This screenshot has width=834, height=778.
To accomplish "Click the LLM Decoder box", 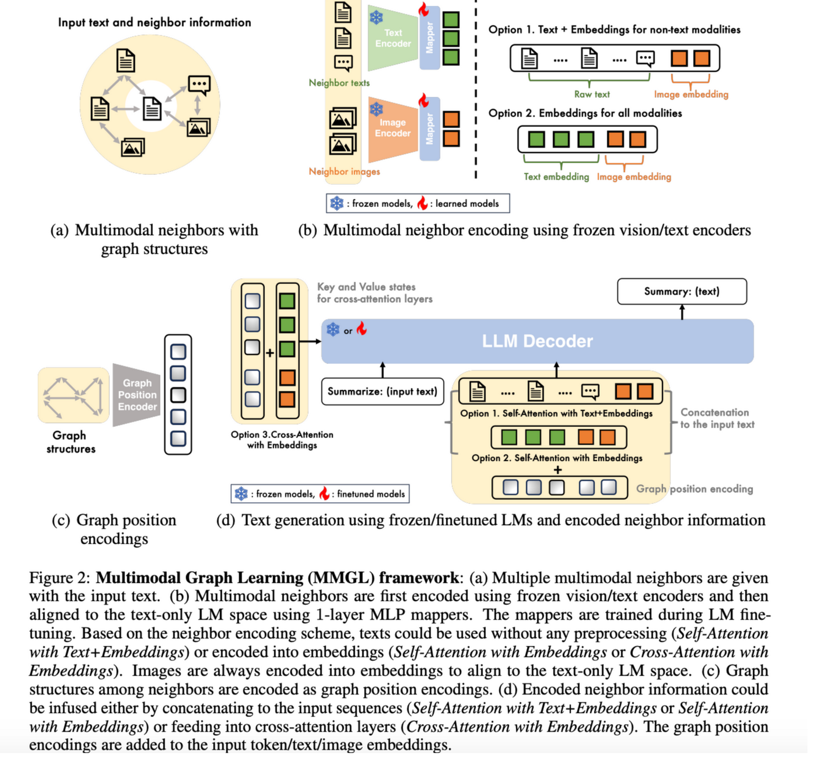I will (537, 341).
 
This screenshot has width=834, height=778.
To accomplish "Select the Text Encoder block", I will (393, 38).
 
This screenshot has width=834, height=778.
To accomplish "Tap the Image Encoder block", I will (393, 128).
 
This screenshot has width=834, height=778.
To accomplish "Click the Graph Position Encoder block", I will (137, 395).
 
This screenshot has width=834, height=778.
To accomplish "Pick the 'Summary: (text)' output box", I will (682, 291).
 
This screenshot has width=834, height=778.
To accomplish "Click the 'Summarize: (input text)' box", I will (382, 392).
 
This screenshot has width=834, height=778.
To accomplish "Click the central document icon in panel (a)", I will (152, 108).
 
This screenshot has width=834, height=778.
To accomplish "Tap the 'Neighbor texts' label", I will (339, 83).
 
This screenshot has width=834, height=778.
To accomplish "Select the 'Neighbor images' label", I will (344, 171).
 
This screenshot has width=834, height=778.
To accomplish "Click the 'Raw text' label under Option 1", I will (592, 94).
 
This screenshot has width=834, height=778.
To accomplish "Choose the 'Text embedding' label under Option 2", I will (556, 177).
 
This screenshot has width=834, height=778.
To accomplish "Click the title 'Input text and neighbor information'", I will (155, 23).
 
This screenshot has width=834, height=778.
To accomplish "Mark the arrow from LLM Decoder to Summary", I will (682, 312).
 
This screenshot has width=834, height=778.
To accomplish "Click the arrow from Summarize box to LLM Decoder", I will (382, 370).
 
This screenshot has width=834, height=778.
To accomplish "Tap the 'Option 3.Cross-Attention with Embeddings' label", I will (282, 440).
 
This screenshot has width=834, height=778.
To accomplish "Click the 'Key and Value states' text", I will (366, 287).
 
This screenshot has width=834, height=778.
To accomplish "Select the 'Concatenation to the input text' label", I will (716, 418).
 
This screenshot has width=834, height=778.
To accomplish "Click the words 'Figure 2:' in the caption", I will (60, 578).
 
